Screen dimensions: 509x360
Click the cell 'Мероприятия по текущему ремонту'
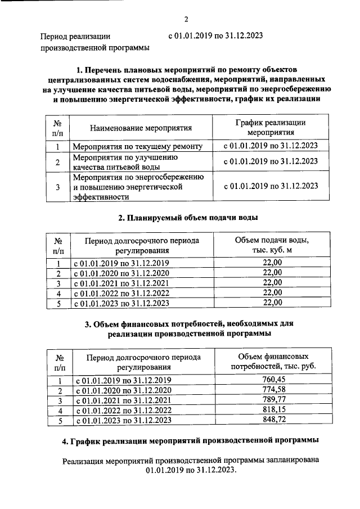click(137, 147)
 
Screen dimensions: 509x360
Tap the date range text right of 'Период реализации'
click(215, 36)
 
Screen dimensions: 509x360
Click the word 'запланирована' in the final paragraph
click(290, 460)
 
